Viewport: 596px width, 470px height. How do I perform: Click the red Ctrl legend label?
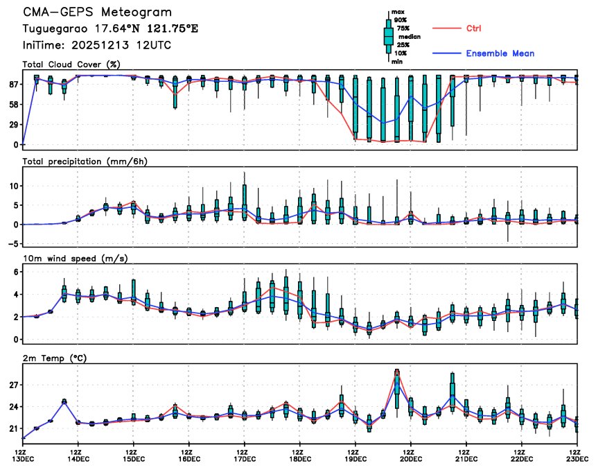point(474,28)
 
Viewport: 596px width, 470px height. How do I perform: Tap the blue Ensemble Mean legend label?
point(500,53)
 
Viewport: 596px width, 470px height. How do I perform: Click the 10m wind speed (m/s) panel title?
point(71,259)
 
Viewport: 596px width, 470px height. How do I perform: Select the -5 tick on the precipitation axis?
point(12,243)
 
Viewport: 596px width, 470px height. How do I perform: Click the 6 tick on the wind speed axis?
point(15,273)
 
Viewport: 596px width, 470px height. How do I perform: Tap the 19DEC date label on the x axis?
point(355,458)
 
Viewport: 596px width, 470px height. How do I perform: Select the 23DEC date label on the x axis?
point(577,458)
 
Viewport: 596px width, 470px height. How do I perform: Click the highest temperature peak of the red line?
point(397,370)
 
